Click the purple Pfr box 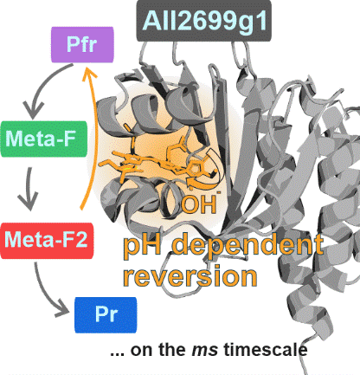click(82, 45)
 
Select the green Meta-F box click(44, 139)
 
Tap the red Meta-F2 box click(47, 241)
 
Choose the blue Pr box click(106, 315)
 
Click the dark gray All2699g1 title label click(204, 21)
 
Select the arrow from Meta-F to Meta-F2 click(29, 189)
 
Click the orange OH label click(200, 204)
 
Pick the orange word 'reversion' click(190, 276)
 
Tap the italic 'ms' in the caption click(205, 350)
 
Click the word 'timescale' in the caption click(266, 349)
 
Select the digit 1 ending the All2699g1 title click(261, 21)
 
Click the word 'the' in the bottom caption click(172, 349)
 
